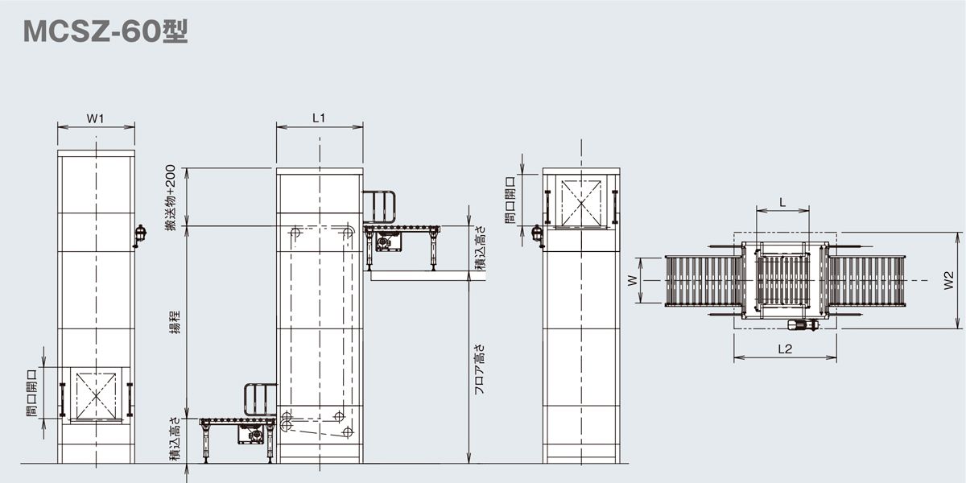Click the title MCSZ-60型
(105, 31)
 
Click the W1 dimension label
(96, 118)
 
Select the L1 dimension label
(319, 118)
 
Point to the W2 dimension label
(950, 280)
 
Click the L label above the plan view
(782, 203)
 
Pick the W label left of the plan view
(633, 281)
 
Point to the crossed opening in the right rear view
(581, 200)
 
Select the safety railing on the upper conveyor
(380, 206)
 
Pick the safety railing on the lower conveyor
(261, 400)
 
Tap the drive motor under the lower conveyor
(254, 434)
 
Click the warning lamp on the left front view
(139, 234)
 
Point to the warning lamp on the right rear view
(537, 234)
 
